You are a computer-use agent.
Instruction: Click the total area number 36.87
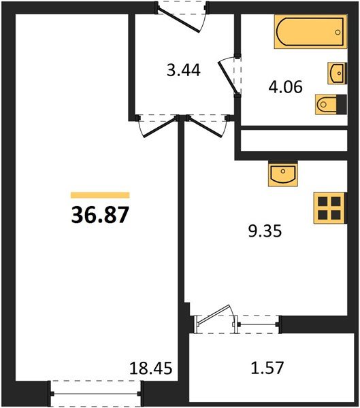[100, 215]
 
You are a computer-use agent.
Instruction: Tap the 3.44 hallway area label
[184, 70]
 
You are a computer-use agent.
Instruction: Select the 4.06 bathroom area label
[286, 86]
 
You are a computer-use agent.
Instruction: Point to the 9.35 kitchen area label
[265, 231]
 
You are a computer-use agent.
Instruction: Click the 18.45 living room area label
[151, 368]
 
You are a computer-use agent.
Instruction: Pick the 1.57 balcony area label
[267, 368]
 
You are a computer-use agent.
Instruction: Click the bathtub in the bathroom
[310, 32]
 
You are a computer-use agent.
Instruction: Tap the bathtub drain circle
[338, 32]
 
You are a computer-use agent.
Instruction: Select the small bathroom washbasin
[338, 73]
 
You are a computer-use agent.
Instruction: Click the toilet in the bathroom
[331, 104]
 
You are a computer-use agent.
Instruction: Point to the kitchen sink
[283, 173]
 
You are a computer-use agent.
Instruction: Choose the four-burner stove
[330, 208]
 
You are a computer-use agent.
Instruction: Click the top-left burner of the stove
[323, 201]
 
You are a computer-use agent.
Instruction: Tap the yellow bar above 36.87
[100, 195]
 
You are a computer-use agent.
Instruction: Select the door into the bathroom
[229, 76]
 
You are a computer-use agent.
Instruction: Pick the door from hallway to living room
[158, 126]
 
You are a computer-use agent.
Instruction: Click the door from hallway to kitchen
[207, 126]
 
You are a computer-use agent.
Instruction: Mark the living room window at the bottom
[95, 394]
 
